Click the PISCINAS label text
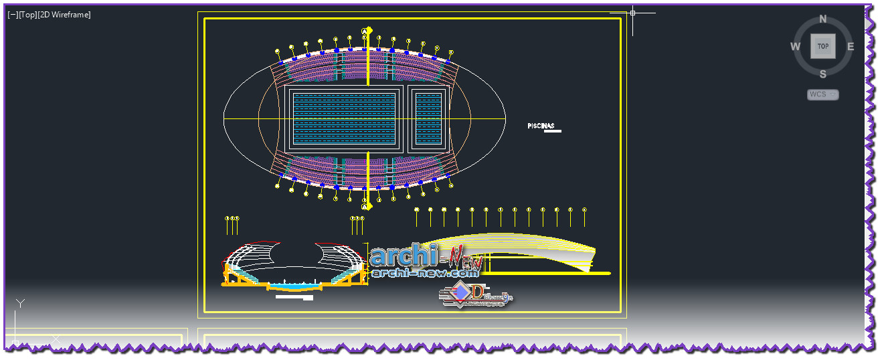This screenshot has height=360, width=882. click(x=541, y=126)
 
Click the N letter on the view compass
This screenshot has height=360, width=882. click(x=822, y=19)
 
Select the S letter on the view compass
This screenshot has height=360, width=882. click(x=822, y=74)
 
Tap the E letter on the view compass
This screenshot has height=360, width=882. click(x=851, y=47)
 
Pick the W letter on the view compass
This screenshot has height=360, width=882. click(x=795, y=47)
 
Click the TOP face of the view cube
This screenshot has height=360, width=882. click(x=822, y=46)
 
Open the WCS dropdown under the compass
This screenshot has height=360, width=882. click(x=822, y=94)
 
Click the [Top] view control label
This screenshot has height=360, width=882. click(x=28, y=15)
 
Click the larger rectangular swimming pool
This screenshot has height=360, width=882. click(x=345, y=118)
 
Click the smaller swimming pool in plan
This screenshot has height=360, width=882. click(x=428, y=118)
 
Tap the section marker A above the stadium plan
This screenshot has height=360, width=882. click(x=365, y=31)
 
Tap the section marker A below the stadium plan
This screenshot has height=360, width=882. click(x=365, y=207)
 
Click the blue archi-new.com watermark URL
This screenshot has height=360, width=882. click(x=426, y=273)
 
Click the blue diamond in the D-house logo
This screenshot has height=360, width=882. click(x=460, y=292)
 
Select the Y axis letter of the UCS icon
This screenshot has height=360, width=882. click(x=20, y=304)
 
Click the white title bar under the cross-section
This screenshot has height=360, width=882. click(x=294, y=298)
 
